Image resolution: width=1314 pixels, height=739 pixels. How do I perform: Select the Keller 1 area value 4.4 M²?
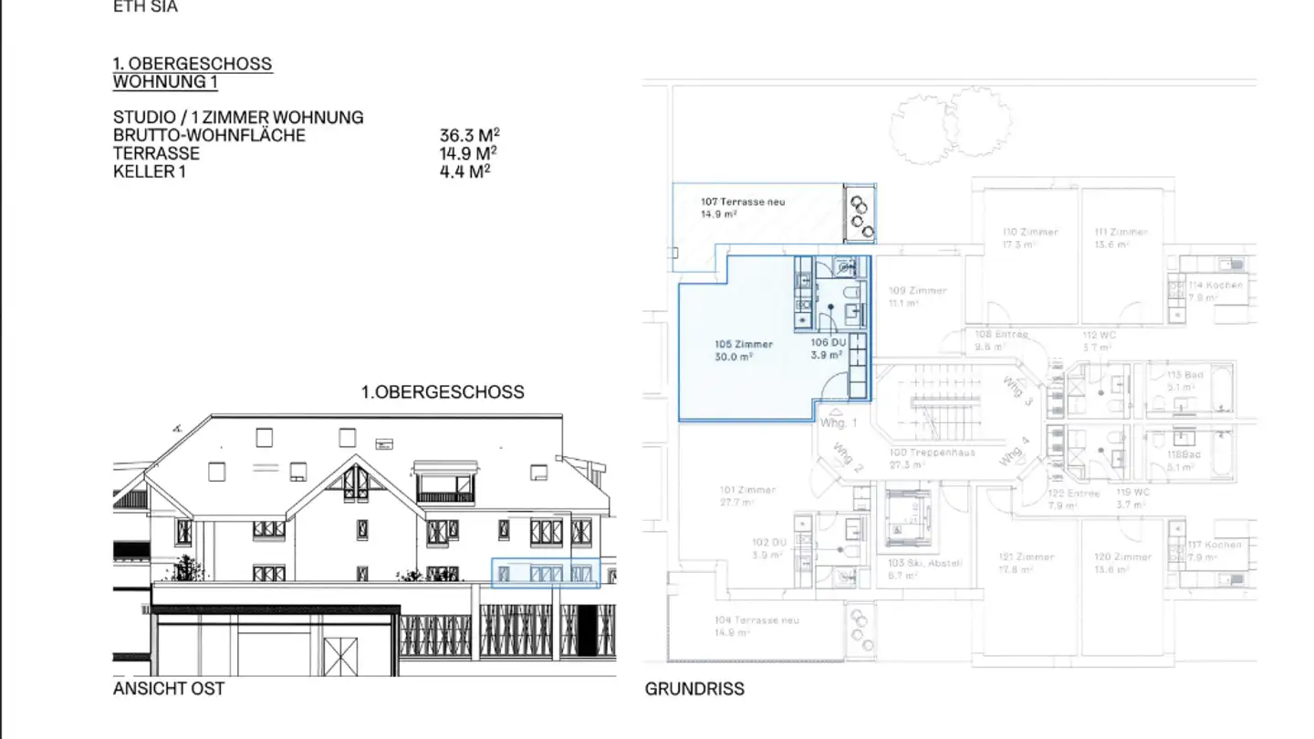(464, 171)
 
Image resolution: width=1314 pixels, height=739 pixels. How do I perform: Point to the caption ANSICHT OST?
(169, 688)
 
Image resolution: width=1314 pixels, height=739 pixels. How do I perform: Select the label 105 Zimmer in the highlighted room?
(744, 345)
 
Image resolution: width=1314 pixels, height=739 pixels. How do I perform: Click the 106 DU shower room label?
(829, 342)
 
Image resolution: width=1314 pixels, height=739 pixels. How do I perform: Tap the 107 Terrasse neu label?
(743, 202)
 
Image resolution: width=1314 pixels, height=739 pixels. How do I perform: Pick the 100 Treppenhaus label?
(933, 453)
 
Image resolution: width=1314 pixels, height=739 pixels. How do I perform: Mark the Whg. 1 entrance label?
(839, 423)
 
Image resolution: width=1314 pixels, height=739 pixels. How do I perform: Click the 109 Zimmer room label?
(917, 291)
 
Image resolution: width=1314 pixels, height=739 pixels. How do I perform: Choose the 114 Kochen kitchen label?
(1215, 286)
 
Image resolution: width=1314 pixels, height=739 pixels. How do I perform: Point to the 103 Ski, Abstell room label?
(924, 563)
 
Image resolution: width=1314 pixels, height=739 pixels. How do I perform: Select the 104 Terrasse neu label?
(756, 620)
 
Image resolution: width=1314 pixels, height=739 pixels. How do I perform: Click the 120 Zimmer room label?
(1122, 557)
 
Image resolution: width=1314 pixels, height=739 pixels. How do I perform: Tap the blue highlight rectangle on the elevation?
(545, 573)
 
